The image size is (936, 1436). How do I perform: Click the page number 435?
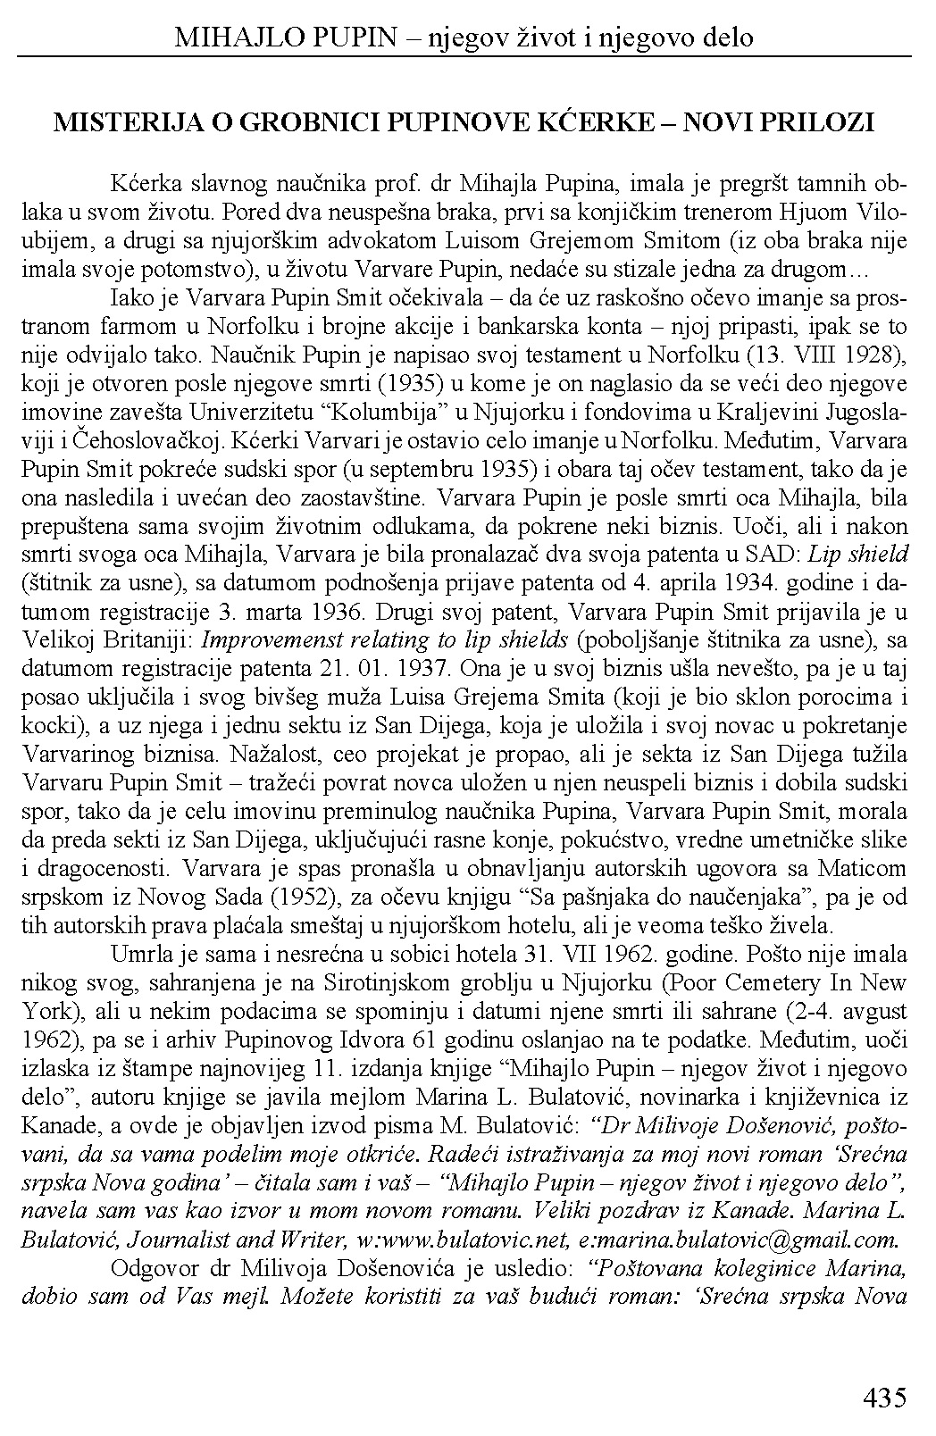[885, 1398]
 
